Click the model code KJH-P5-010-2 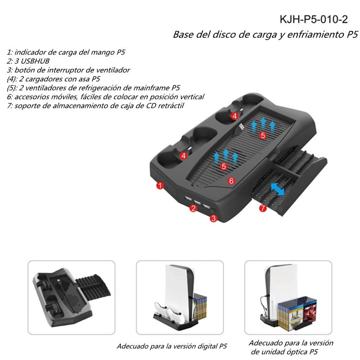[314, 19]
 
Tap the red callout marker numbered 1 [160, 185]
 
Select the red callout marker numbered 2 [193, 208]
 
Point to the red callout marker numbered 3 [214, 218]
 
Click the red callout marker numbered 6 [231, 181]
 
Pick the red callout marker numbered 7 [263, 208]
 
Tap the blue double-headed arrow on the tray [277, 189]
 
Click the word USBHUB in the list [35, 61]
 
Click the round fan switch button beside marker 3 [213, 211]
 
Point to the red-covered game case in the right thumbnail [310, 310]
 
